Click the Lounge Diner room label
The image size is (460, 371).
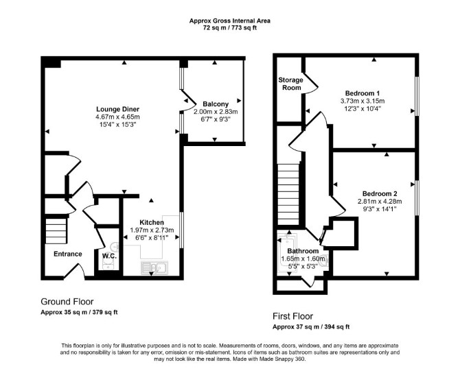pos(117,109)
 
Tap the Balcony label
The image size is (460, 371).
pos(216,104)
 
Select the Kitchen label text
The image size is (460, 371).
pos(152,222)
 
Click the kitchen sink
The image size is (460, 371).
pos(154,267)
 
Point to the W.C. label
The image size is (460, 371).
pos(109,256)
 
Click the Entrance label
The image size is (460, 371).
pos(68,254)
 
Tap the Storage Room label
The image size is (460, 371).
pos(290,84)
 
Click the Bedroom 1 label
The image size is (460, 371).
pos(363,93)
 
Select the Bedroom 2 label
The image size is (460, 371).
pos(380,193)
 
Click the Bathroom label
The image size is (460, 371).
pos(303,251)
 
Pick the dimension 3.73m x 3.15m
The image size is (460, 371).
pos(363,101)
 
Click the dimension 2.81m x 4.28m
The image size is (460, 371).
pos(380,202)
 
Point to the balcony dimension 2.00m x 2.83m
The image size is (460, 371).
pos(216,112)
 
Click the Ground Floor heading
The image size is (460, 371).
pos(67,302)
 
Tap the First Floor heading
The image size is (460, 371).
pos(292,316)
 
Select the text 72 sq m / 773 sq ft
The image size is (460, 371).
pos(230,28)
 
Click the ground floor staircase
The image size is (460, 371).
pos(56,230)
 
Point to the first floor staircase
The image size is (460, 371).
pos(288,194)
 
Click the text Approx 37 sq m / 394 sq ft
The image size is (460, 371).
pos(311,326)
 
